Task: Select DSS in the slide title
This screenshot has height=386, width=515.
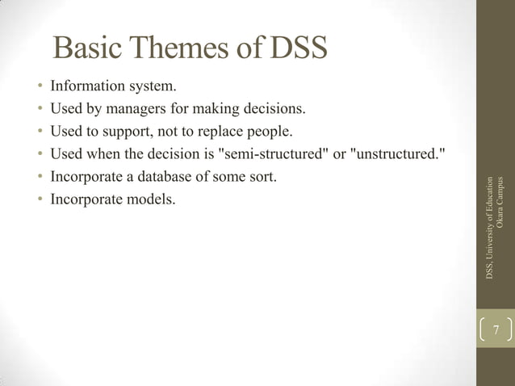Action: pos(298,49)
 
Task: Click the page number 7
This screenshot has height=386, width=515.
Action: pos(496,329)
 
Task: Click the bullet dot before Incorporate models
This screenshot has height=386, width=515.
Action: pos(39,199)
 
